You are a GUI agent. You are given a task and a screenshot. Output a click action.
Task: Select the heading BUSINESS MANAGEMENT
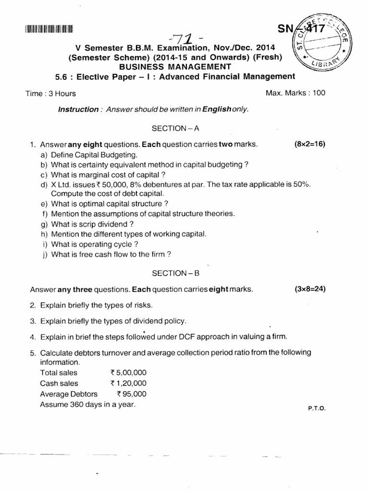175,66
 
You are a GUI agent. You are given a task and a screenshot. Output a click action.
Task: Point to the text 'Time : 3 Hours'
50,94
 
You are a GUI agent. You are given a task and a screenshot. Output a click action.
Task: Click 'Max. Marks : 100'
295,93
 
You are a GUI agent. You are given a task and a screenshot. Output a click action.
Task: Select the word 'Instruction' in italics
78,110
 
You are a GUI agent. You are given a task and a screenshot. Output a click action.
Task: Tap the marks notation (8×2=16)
309,144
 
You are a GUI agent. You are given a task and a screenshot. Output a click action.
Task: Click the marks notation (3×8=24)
309,289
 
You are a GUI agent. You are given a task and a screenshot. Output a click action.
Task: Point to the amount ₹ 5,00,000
128,373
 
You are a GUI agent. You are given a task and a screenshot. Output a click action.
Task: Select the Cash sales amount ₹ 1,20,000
128,383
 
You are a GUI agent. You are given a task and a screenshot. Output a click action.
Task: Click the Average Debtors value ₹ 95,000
131,394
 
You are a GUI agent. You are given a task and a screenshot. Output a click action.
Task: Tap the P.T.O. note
317,408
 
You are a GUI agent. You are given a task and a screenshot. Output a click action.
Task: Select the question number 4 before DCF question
33,337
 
